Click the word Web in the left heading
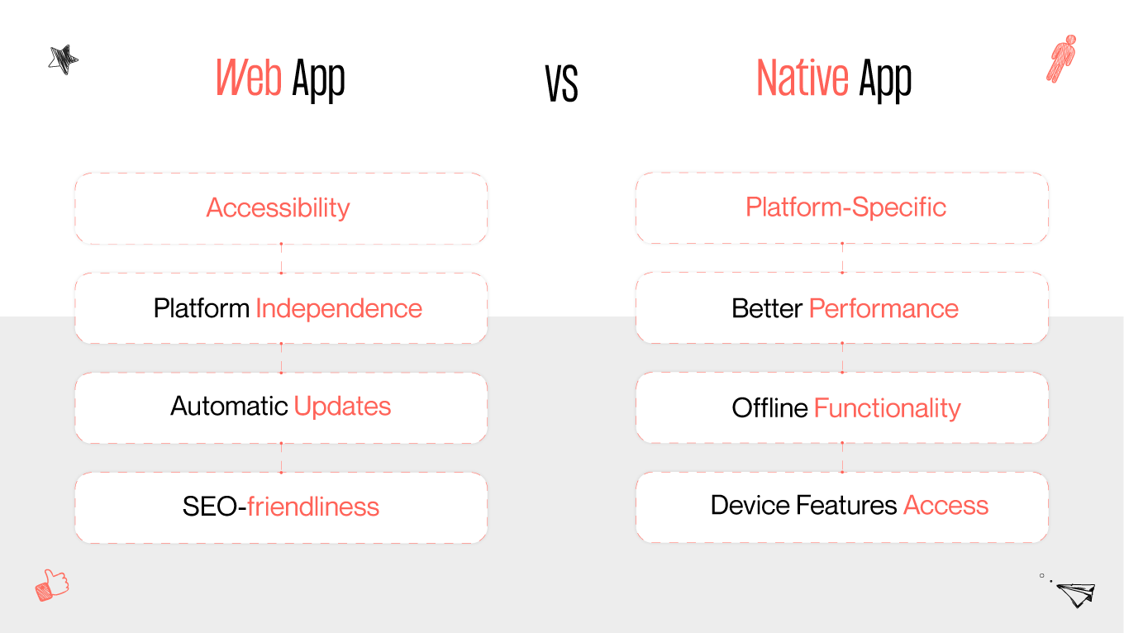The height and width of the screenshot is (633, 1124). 248,78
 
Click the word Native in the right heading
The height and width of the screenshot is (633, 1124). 802,78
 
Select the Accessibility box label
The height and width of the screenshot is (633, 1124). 278,207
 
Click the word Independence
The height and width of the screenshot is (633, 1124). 339,308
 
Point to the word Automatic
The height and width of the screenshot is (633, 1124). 229,407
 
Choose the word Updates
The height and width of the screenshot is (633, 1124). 342,407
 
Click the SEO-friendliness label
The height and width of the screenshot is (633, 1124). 281,506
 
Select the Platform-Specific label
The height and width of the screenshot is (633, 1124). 845,207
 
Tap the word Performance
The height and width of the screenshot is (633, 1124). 883,308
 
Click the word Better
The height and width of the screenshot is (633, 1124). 766,308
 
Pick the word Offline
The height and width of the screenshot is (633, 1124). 769,407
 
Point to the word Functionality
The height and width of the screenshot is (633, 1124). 887,407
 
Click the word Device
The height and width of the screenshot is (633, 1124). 750,505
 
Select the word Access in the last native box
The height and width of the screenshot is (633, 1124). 945,505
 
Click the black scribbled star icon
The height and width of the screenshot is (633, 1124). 63,59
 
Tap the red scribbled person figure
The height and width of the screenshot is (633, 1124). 1061,58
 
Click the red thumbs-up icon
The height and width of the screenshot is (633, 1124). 52,585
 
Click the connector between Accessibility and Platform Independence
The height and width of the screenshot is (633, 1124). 281,258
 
